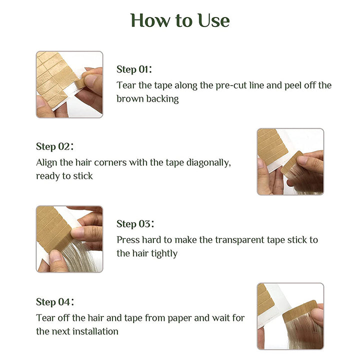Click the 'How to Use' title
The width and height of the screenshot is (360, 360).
pyautogui.click(x=180, y=20)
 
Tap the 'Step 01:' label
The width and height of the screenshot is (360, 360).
pyautogui.click(x=134, y=69)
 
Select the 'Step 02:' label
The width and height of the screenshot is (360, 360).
pyautogui.click(x=54, y=146)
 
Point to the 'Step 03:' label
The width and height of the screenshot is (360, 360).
pyautogui.click(x=135, y=224)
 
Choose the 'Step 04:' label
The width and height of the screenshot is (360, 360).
pyautogui.click(x=54, y=301)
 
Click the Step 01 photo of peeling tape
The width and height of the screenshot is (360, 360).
pyautogui.click(x=69, y=84)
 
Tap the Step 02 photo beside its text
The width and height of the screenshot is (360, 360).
pyautogui.click(x=290, y=161)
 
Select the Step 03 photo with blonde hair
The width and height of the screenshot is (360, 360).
pyautogui.click(x=69, y=239)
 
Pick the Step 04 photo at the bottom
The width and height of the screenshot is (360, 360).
pyautogui.click(x=290, y=316)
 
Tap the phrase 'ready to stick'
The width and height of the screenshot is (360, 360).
pyautogui.click(x=64, y=176)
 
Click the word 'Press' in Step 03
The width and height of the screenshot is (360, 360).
pyautogui.click(x=128, y=240)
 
